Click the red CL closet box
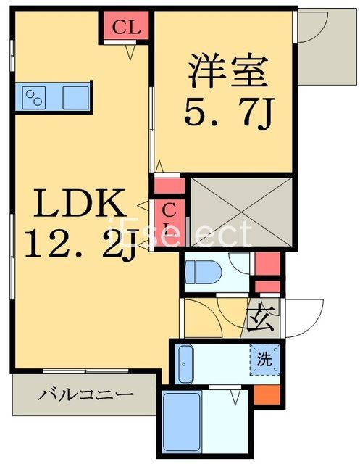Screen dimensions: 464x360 [125, 28]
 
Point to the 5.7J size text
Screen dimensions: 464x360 [226, 112]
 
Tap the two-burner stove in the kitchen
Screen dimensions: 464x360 [34, 96]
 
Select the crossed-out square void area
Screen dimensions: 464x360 [240, 211]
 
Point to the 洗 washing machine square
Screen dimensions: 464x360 [264, 357]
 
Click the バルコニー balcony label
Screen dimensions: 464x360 [85, 395]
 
